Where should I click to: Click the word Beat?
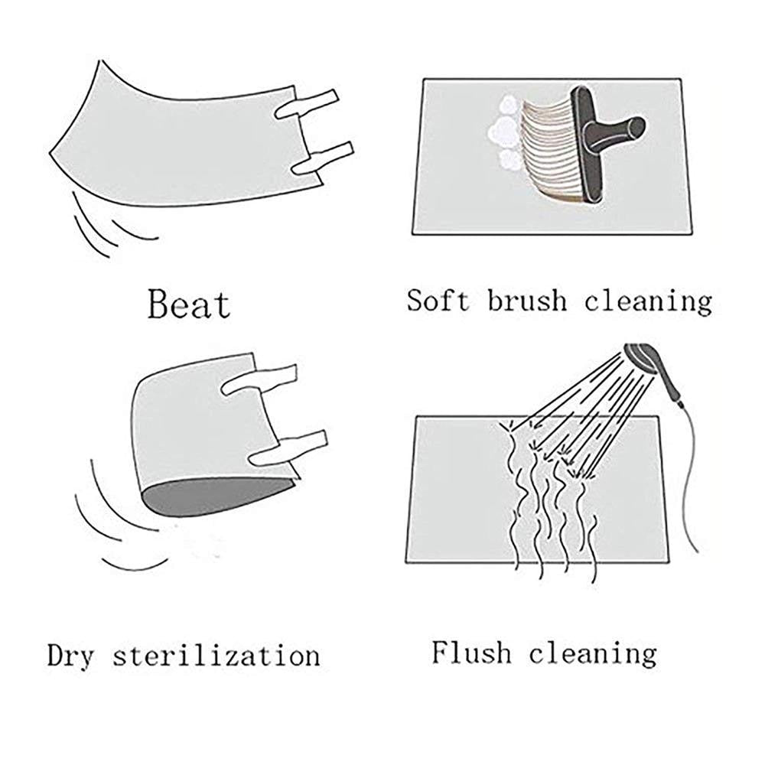pyautogui.click(x=189, y=304)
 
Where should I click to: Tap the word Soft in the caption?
pyautogui.click(x=438, y=300)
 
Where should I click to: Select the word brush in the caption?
pyautogui.click(x=527, y=300)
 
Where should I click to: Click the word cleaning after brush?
pyautogui.click(x=649, y=301)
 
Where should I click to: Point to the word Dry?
pyautogui.click(x=70, y=656)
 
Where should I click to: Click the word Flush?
pyautogui.click(x=471, y=652)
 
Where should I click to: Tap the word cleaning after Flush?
pyautogui.click(x=593, y=654)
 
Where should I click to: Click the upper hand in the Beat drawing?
pyautogui.click(x=306, y=103)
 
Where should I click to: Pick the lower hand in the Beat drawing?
pyautogui.click(x=322, y=158)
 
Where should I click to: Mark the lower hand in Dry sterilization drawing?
pyautogui.click(x=288, y=448)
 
